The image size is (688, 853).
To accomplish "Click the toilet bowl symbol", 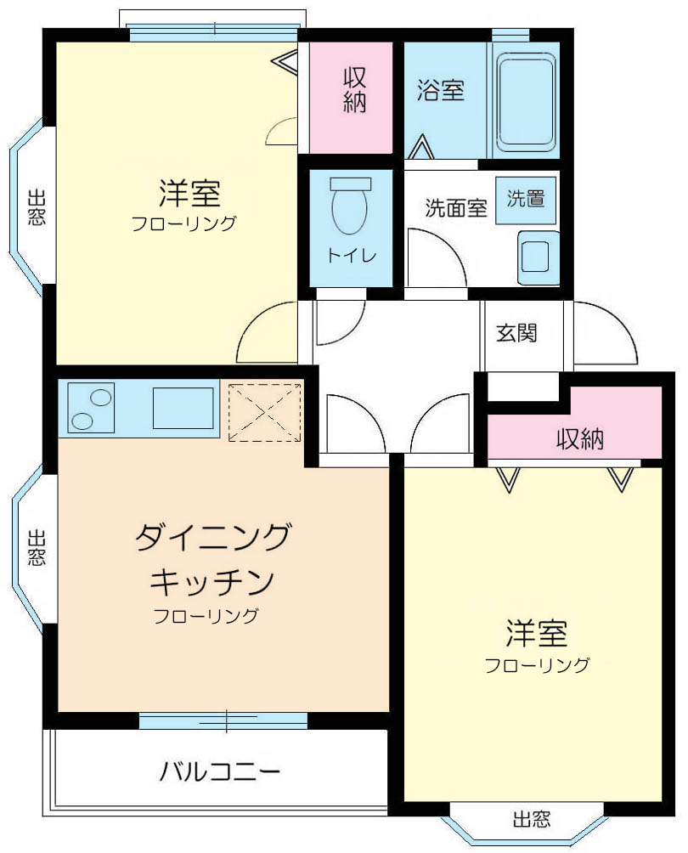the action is click(x=351, y=206).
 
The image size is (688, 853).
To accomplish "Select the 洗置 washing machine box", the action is click(x=526, y=200).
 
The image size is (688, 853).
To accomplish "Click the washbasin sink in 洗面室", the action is click(x=538, y=257).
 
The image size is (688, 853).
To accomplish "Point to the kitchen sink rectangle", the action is click(x=183, y=408).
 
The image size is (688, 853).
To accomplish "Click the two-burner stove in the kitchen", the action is click(x=91, y=408).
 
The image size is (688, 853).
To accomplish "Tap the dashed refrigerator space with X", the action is click(x=265, y=412).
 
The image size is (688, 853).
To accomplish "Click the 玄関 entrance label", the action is click(x=516, y=332).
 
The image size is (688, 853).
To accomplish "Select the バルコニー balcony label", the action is click(x=220, y=771).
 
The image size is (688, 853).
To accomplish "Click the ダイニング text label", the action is click(x=213, y=536).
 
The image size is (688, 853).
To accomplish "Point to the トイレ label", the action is click(x=352, y=255).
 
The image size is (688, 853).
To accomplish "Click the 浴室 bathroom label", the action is click(x=441, y=90).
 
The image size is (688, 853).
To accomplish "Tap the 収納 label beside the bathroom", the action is click(x=354, y=90).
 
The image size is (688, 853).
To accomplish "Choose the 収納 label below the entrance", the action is click(x=580, y=438).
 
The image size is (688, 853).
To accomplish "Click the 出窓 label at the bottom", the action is click(x=532, y=819).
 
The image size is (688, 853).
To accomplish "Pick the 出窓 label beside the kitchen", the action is click(x=37, y=548).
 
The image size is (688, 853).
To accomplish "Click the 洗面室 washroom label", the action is click(x=456, y=208).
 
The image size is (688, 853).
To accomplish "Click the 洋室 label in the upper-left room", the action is click(x=189, y=193).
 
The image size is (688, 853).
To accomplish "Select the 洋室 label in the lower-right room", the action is click(x=537, y=633).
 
